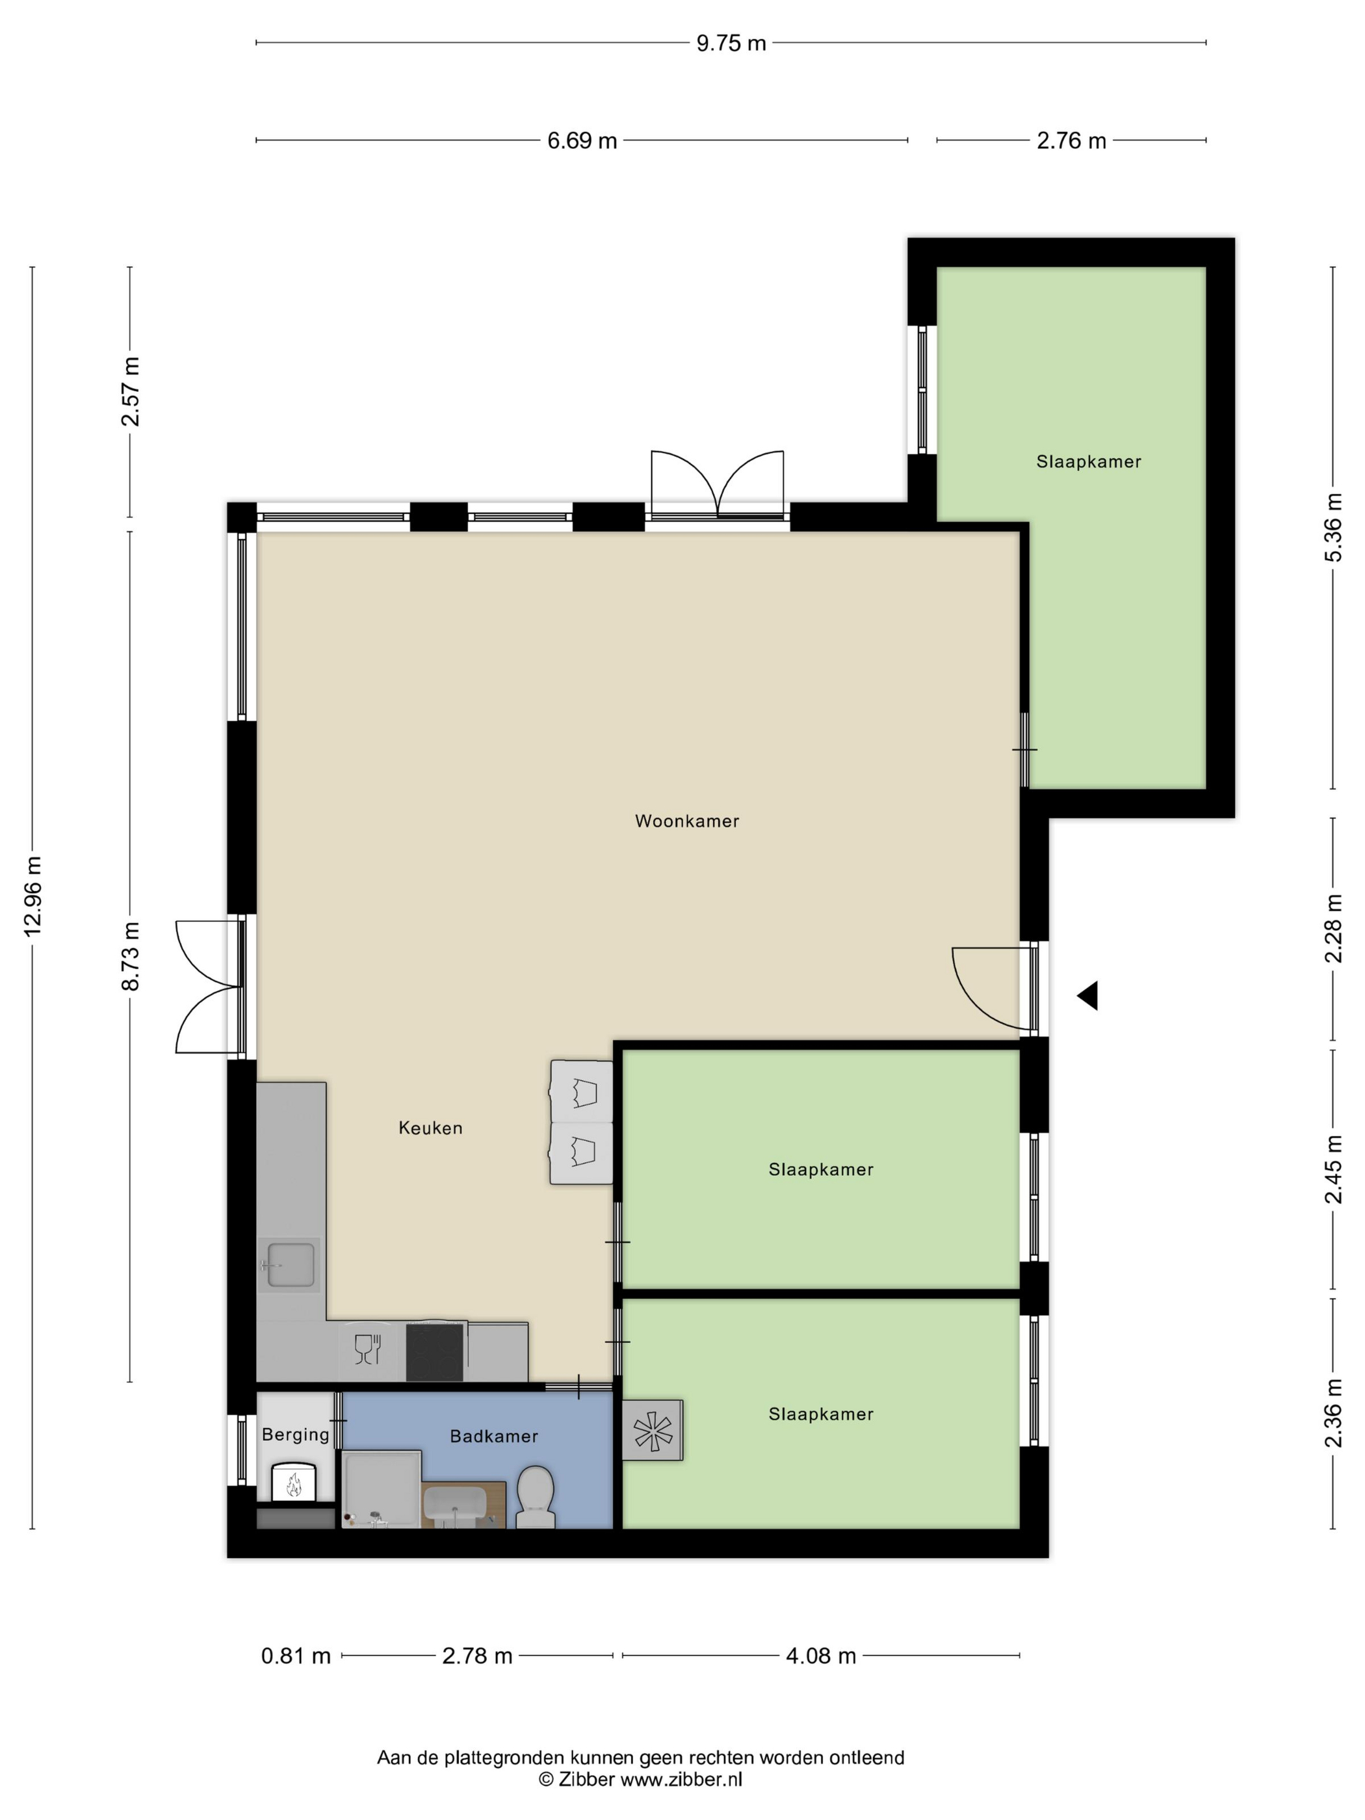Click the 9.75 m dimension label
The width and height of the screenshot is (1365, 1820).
tap(731, 43)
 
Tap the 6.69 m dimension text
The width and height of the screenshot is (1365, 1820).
tap(582, 140)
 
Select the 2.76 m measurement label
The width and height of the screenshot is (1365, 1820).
tap(1071, 140)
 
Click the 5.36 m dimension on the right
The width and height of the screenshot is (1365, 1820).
tap(1333, 527)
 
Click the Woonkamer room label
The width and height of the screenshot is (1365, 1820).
tap(687, 820)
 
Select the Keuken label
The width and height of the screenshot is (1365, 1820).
tap(430, 1127)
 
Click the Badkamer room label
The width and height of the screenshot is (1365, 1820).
tap(493, 1436)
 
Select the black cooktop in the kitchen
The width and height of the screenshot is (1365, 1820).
tap(434, 1353)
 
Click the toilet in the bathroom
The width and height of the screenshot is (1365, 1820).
tap(535, 1498)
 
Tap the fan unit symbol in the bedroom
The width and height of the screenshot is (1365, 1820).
tap(653, 1430)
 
